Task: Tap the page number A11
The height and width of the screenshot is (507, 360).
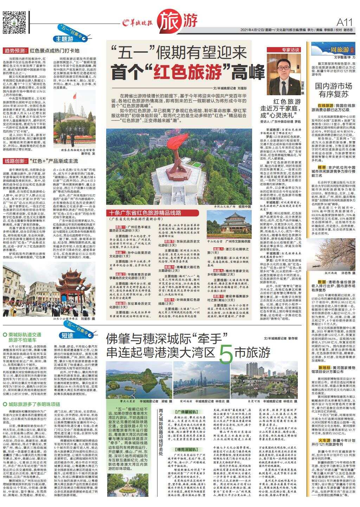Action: tap(344, 22)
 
